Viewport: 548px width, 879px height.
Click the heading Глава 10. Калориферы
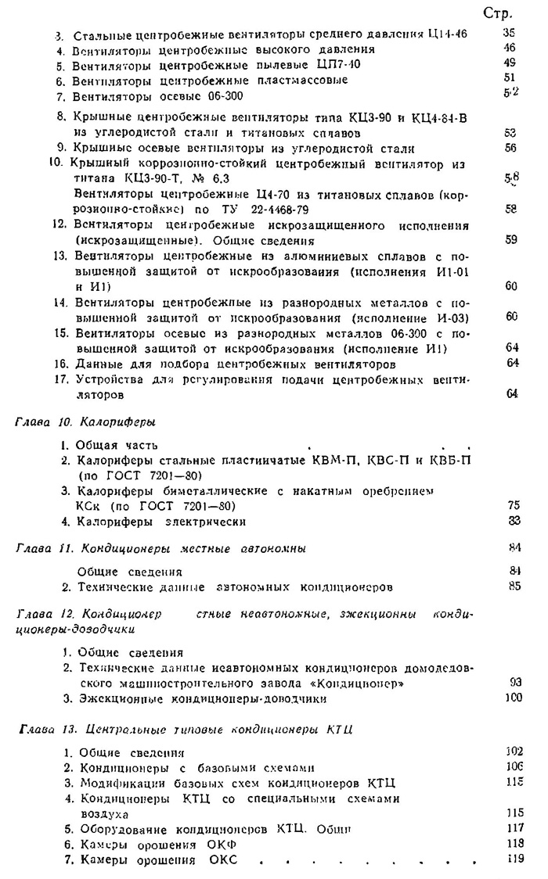86,422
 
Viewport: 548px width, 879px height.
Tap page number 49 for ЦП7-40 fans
510,63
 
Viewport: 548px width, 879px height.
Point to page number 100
514,698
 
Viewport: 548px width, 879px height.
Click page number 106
514,766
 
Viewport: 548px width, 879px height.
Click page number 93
514,683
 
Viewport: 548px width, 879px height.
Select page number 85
514,585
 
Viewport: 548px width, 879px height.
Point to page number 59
510,239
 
